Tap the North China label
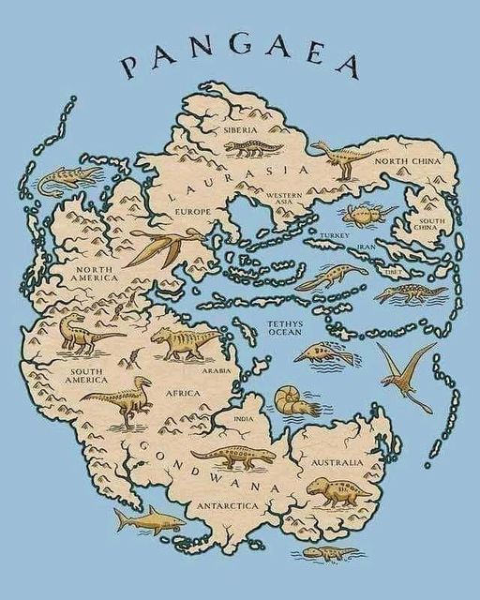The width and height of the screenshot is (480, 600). (x=408, y=161)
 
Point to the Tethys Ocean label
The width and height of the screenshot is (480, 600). (x=284, y=327)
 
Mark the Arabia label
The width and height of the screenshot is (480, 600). (x=217, y=370)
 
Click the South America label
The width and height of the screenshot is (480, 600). (x=89, y=377)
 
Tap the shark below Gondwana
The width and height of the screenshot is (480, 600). (x=150, y=517)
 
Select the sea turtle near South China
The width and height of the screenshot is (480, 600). (x=363, y=213)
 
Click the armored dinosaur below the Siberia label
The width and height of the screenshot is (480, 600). (x=252, y=148)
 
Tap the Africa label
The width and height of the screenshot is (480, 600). (x=183, y=394)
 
